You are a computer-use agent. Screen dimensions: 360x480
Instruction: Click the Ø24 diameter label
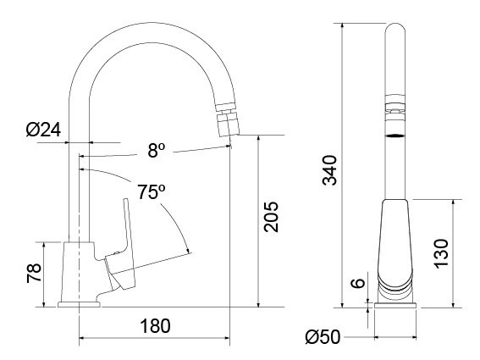(41, 130)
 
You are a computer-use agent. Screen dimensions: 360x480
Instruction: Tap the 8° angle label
(157, 151)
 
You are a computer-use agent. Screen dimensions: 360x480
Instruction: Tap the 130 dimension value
(440, 253)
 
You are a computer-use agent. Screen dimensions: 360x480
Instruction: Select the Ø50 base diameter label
(323, 338)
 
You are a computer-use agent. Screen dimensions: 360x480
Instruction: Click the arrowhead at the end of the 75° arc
(187, 252)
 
